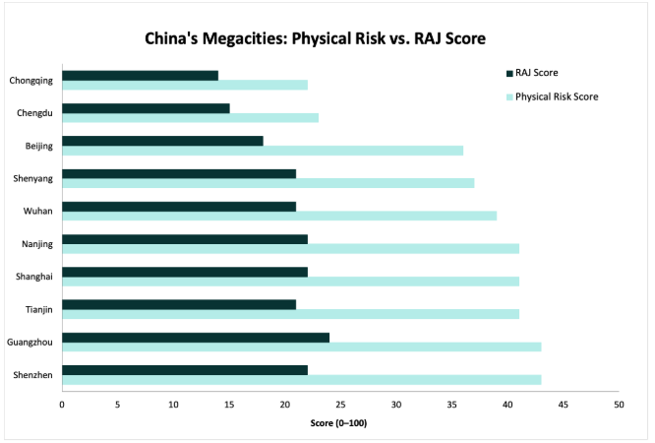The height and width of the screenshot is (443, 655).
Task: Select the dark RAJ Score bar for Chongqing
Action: tap(140, 75)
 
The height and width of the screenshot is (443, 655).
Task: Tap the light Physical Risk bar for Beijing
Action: tap(263, 151)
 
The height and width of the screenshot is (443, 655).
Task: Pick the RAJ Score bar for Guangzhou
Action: tap(196, 337)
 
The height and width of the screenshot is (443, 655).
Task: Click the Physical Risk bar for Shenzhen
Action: tap(301, 379)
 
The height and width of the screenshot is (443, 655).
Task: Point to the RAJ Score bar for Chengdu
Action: tap(146, 108)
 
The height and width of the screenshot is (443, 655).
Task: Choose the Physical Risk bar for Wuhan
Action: tap(279, 215)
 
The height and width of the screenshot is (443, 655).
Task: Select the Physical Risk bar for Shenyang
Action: tap(268, 183)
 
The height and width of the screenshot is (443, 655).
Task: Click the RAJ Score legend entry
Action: tap(537, 72)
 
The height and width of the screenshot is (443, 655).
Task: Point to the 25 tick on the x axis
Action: tap(340, 404)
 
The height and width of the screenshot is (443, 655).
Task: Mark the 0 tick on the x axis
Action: tap(62, 404)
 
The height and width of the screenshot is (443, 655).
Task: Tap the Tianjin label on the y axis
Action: tap(39, 308)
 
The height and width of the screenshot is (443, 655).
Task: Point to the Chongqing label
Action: tap(32, 80)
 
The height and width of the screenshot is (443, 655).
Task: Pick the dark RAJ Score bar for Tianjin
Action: tap(179, 303)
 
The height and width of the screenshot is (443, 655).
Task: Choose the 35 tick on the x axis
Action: tap(451, 404)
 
